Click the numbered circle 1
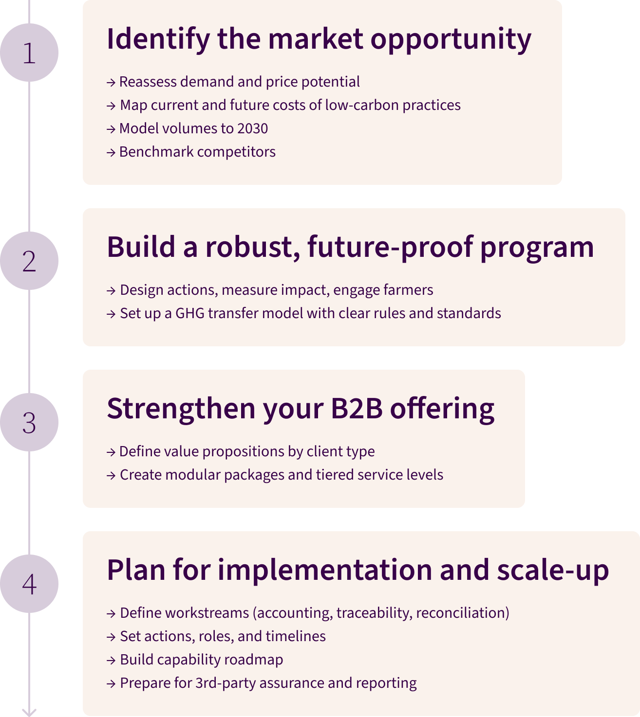(x=29, y=53)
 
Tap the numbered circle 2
(x=29, y=261)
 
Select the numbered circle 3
(x=29, y=422)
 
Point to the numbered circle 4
(x=29, y=584)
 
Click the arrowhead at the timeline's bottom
(x=29, y=712)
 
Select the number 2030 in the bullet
(x=252, y=128)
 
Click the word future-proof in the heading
(x=390, y=247)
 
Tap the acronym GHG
(x=190, y=313)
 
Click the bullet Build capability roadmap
(x=201, y=660)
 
